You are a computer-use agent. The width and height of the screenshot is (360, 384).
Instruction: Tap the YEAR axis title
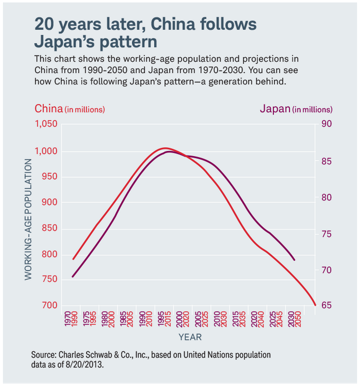coord(190,337)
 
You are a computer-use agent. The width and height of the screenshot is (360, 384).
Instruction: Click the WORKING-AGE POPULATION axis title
coord(28,220)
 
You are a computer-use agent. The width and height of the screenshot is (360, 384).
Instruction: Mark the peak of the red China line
coord(165,148)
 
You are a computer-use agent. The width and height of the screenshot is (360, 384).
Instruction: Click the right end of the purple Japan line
coord(294,260)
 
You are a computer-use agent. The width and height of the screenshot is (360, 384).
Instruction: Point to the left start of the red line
coord(73,259)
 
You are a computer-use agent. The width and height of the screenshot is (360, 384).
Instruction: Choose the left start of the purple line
coord(73,277)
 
